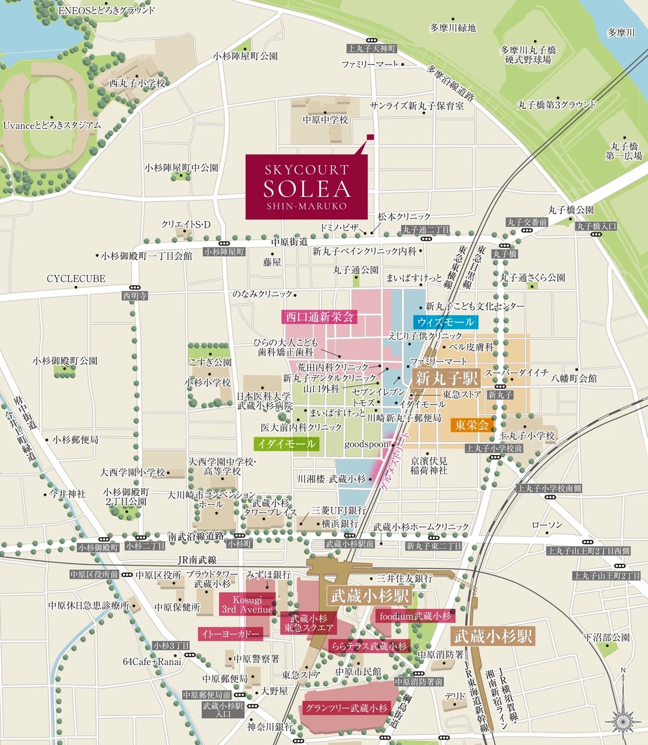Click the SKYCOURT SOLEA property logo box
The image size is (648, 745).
click(x=306, y=187)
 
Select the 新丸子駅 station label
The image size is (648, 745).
click(x=447, y=378)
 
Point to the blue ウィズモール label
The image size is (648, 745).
click(x=445, y=322)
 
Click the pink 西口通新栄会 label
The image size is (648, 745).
click(x=319, y=317)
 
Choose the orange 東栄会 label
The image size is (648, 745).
click(x=472, y=425)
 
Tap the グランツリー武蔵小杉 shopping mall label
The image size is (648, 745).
click(x=345, y=708)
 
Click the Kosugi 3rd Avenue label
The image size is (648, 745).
click(x=247, y=605)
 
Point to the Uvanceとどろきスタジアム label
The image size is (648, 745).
click(x=52, y=125)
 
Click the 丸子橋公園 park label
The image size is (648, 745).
click(x=571, y=210)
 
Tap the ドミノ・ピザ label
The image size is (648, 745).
click(x=339, y=227)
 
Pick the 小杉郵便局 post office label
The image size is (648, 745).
click(x=75, y=440)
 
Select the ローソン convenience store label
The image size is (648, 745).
click(x=547, y=525)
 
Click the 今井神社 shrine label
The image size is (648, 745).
click(x=67, y=494)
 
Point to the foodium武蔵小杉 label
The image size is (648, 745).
click(x=415, y=616)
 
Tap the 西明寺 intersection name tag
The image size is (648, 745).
click(x=134, y=296)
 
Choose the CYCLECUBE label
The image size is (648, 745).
click(x=76, y=279)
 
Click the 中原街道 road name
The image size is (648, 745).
click(x=289, y=241)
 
